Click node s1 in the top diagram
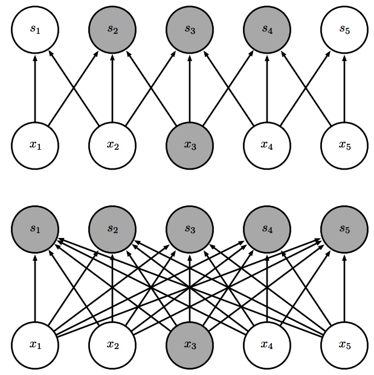pyautogui.click(x=35, y=29)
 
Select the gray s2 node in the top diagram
pyautogui.click(x=112, y=29)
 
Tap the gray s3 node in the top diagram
pyautogui.click(x=190, y=29)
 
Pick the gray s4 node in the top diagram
pyautogui.click(x=267, y=29)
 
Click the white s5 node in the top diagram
pyautogui.click(x=344, y=29)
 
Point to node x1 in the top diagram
pyautogui.click(x=35, y=145)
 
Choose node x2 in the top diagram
pyautogui.click(x=112, y=145)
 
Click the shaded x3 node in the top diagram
pyautogui.click(x=190, y=145)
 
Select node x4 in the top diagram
pyautogui.click(x=267, y=145)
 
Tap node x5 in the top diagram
pyautogui.click(x=344, y=145)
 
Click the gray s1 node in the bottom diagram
pyautogui.click(x=35, y=229)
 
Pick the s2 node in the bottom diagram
pyautogui.click(x=112, y=229)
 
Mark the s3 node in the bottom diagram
pyautogui.click(x=190, y=229)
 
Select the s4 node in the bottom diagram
pyautogui.click(x=267, y=229)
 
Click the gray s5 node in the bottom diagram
pyautogui.click(x=344, y=229)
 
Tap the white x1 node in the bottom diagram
pyautogui.click(x=35, y=345)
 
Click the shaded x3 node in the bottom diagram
pyautogui.click(x=190, y=345)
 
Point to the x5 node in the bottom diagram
pyautogui.click(x=344, y=345)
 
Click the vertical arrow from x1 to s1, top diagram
pyautogui.click(x=35, y=88)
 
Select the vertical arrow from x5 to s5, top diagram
pyautogui.click(x=344, y=88)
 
